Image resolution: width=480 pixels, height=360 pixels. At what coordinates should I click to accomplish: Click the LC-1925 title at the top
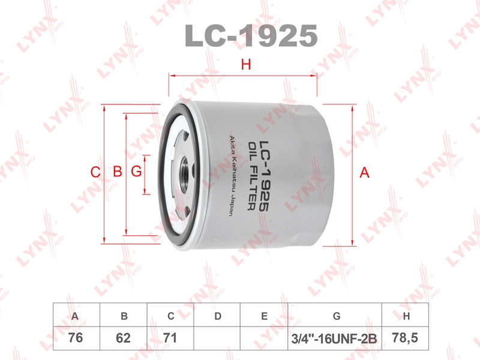tap(251, 36)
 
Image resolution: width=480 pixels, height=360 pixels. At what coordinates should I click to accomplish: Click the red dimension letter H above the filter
tap(246, 65)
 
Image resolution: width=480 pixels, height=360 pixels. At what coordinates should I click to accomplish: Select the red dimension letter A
tap(364, 173)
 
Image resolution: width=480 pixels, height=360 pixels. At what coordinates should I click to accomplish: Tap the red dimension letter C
tap(95, 172)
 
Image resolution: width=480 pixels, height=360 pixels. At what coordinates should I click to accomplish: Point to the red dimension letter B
tap(118, 172)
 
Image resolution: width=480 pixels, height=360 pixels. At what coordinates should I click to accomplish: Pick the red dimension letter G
tap(136, 172)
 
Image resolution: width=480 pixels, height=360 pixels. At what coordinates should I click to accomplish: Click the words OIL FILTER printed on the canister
tap(252, 176)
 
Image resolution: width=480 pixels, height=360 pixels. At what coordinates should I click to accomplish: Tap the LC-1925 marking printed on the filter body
tap(264, 176)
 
